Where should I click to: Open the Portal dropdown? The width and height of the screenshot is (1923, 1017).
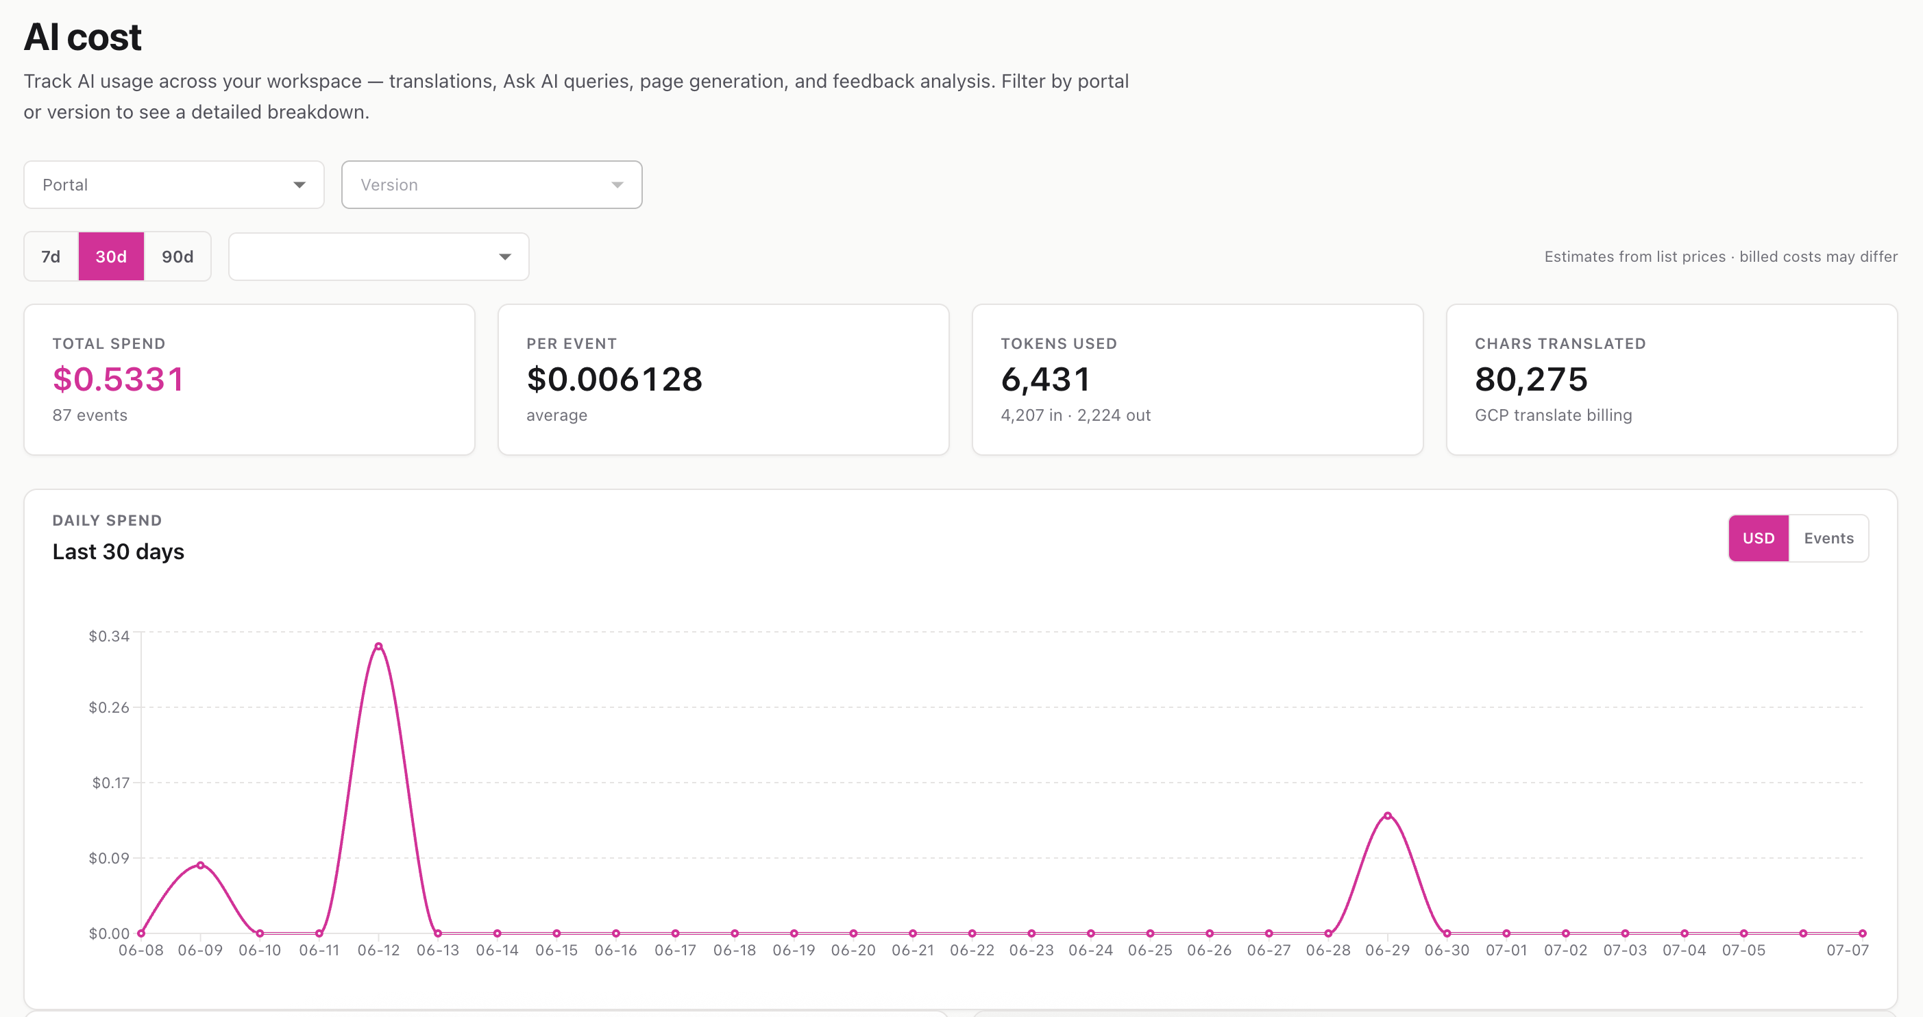173,184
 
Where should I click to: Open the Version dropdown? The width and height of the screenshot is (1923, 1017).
491,184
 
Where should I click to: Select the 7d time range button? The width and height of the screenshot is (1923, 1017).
51,256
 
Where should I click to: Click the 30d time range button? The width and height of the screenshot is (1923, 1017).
111,256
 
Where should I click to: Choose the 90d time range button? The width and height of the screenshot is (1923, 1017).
177,256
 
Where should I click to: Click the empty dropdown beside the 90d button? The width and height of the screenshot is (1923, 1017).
378,256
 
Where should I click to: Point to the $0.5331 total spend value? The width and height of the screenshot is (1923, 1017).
118,380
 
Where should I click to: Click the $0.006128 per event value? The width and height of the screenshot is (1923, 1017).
614,380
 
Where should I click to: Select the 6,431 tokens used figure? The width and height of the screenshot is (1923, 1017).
1045,380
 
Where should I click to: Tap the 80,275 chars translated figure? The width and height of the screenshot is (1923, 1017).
1531,380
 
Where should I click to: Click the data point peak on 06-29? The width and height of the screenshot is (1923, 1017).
1388,816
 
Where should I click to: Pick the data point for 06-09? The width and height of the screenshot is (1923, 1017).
200,866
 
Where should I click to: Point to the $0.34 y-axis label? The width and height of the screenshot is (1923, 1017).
109,636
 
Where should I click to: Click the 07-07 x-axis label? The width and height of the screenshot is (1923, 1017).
1848,951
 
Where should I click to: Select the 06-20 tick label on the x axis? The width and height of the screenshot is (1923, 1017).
853,951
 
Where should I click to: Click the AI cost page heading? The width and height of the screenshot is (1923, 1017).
82,36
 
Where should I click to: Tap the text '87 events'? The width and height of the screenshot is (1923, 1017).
90,415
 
